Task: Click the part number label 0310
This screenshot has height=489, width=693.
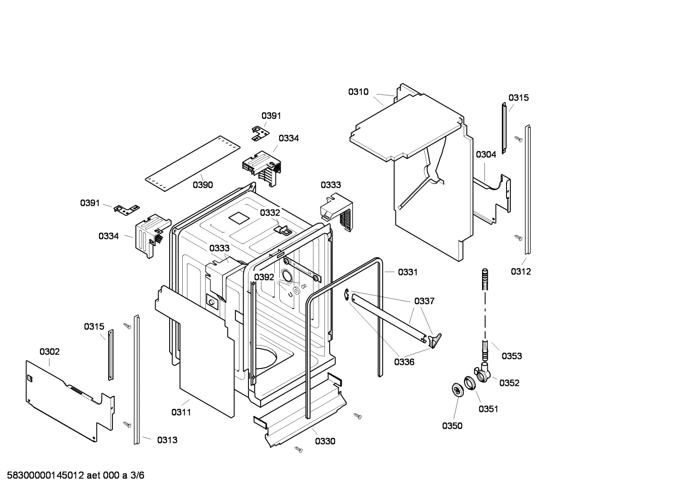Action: tap(358, 92)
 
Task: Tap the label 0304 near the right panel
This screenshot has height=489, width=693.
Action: tap(486, 155)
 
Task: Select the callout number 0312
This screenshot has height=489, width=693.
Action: tap(520, 272)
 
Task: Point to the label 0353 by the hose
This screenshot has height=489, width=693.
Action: tap(511, 356)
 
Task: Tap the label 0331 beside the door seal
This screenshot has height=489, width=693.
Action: tap(408, 272)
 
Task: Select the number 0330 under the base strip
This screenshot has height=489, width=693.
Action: tap(325, 441)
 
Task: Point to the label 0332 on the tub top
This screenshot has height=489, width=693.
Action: tap(270, 213)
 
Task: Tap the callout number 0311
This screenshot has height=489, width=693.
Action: tap(181, 412)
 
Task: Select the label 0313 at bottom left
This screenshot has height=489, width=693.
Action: tap(167, 440)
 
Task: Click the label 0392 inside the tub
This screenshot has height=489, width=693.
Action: tap(264, 277)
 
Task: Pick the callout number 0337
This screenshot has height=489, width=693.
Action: tap(424, 301)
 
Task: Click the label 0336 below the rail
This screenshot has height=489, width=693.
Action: tap(404, 362)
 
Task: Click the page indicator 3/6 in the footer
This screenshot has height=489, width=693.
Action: tap(137, 476)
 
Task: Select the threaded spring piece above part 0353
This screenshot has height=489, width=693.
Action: tap(485, 279)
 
